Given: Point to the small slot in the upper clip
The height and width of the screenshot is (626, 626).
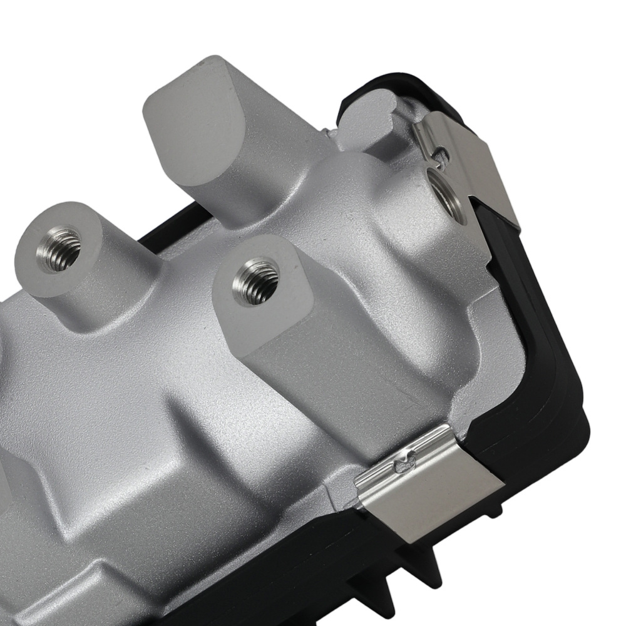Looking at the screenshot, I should pos(442,151).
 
